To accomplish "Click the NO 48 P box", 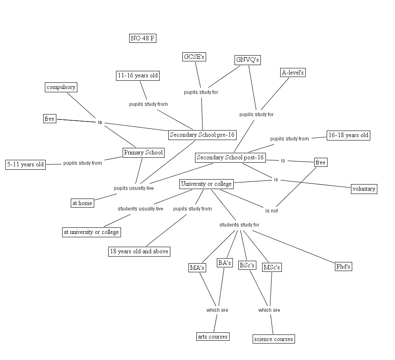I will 142,38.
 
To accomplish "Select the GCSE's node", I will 194,57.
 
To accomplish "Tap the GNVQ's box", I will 248,60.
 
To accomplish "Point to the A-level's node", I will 293,72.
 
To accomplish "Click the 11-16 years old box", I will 137,75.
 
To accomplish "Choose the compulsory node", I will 61,87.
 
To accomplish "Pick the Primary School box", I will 143,152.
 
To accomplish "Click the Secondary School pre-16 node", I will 202,135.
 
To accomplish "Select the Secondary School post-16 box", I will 230,157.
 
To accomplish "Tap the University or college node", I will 207,184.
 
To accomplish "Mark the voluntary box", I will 364,189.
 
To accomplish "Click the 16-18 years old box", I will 348,135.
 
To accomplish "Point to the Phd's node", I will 343,266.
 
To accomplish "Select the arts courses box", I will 212,337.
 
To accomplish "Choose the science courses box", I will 274,339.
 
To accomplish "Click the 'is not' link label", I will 272,210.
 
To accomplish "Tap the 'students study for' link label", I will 239,224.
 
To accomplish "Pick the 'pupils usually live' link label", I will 134,188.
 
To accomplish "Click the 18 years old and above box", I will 139,251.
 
